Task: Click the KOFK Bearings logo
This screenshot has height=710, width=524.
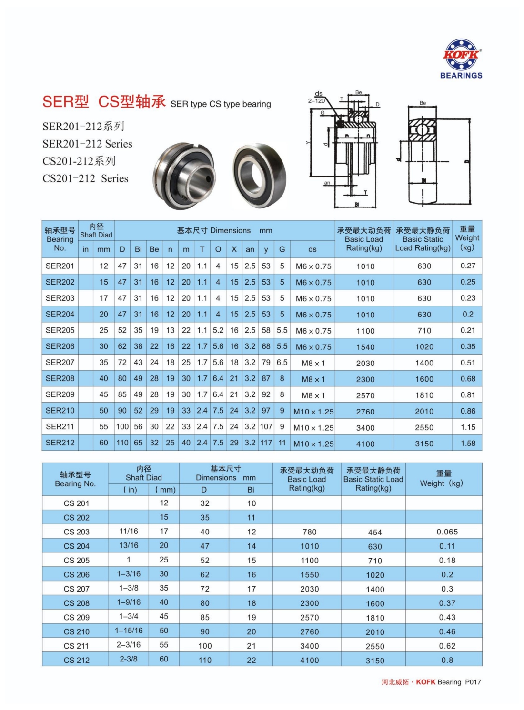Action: pyautogui.click(x=461, y=59)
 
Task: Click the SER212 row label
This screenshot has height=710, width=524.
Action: pyautogui.click(x=60, y=443)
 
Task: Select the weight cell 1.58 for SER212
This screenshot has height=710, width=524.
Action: pyautogui.click(x=468, y=443)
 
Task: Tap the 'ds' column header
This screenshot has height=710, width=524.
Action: pyautogui.click(x=312, y=249)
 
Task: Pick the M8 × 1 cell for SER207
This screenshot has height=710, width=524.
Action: pyautogui.click(x=313, y=363)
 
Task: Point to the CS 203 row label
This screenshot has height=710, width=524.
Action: pyautogui.click(x=76, y=532)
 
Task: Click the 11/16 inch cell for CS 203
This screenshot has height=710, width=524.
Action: pyautogui.click(x=129, y=531)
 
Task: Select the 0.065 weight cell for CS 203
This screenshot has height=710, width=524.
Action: pyautogui.click(x=447, y=532)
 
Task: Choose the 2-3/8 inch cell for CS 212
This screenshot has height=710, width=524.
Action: pyautogui.click(x=129, y=659)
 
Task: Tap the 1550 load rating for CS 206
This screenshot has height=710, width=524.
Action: pyautogui.click(x=310, y=575)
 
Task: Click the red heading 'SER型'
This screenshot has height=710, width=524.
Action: pyautogui.click(x=65, y=101)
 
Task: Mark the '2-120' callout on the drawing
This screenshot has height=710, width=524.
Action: pyautogui.click(x=316, y=100)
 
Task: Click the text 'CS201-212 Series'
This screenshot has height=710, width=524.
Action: pyautogui.click(x=85, y=178)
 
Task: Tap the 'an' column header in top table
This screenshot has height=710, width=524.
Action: pyautogui.click(x=250, y=249)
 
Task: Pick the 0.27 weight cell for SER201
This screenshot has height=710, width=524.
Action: pyautogui.click(x=468, y=266)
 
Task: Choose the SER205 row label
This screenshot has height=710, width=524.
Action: pyautogui.click(x=60, y=330)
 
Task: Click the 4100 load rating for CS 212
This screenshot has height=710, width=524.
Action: pyautogui.click(x=310, y=660)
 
